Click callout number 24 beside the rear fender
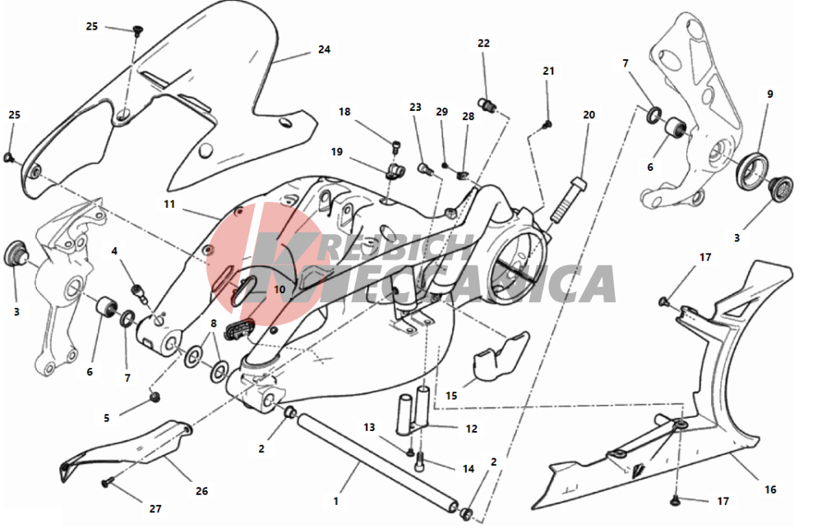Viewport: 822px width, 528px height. point(324,49)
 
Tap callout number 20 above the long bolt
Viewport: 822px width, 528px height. point(589,115)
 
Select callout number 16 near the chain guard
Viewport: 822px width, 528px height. point(769,490)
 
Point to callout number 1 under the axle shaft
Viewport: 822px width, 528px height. point(335,500)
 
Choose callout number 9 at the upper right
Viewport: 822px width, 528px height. point(770,94)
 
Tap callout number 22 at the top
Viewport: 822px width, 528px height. point(483,43)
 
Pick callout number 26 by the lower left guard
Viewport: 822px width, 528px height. point(202,491)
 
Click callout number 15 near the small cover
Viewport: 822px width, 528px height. point(451,396)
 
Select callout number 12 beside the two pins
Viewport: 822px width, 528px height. point(471,429)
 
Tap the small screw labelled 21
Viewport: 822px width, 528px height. point(547,124)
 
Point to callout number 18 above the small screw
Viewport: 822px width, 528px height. point(344,112)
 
